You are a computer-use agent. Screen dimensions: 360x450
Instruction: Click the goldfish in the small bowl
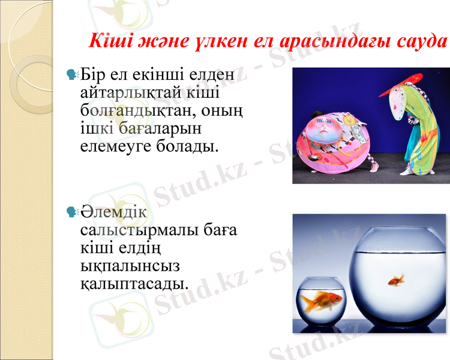321,300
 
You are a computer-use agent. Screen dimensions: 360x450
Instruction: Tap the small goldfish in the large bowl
395,280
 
